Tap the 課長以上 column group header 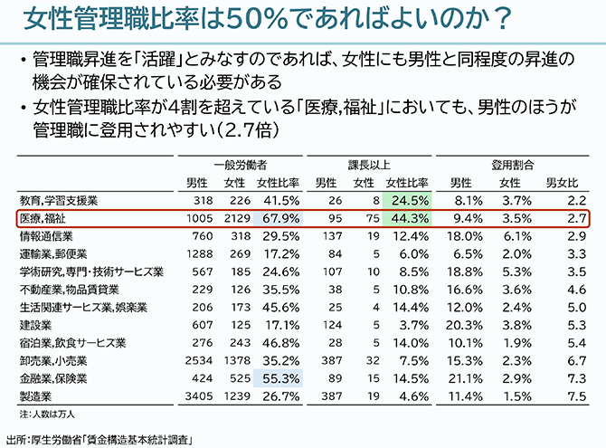(x=368, y=166)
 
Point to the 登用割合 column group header (x=512, y=166)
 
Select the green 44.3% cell (x=407, y=218)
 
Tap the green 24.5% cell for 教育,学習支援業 (x=407, y=200)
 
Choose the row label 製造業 (x=33, y=396)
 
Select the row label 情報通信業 (x=40, y=235)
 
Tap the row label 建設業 (x=33, y=324)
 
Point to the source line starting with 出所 (x=99, y=439)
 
